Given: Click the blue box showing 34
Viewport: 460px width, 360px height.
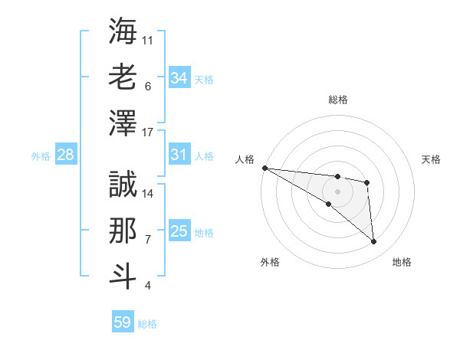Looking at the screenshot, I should point(179,77).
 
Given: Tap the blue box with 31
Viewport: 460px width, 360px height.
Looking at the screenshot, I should point(179,155).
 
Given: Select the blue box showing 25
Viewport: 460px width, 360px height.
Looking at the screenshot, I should point(179,231).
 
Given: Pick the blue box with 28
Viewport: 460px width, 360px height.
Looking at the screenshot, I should point(65,155).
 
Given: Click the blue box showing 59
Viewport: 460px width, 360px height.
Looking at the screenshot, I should point(122,322).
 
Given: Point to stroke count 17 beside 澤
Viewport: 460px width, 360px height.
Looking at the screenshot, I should point(148,133).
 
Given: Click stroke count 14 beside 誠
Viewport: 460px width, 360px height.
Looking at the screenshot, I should point(148,193).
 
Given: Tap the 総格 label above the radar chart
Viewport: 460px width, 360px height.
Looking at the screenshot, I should point(337,100).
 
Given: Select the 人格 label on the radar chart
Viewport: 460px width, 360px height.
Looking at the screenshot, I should point(245,159).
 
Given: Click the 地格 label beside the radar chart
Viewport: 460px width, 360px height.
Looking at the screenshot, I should point(402,263).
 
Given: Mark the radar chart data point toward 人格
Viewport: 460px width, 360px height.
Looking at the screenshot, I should point(264,168).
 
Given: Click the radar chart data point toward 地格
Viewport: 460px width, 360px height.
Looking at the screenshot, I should point(373,242).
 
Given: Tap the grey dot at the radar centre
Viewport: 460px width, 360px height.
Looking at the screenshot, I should point(337,191).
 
